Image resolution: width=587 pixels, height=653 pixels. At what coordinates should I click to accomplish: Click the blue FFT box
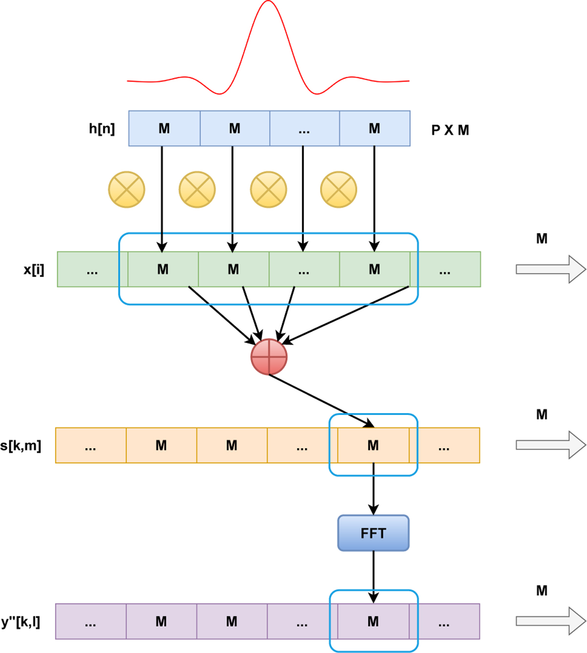[x=373, y=533]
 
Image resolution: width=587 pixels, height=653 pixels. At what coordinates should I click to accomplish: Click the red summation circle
[x=269, y=357]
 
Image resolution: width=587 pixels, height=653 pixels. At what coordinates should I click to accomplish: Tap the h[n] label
[x=102, y=129]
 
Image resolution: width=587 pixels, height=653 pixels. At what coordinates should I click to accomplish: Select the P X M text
[x=450, y=131]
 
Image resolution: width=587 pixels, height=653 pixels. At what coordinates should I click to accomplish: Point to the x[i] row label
[x=34, y=269]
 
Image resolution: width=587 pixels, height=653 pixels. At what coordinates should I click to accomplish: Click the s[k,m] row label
[x=21, y=445]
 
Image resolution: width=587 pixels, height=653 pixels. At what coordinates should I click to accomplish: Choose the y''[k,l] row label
[x=21, y=622]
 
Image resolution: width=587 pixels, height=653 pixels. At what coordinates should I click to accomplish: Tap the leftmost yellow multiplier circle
[x=127, y=190]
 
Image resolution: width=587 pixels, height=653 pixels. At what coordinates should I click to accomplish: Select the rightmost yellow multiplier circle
[x=339, y=190]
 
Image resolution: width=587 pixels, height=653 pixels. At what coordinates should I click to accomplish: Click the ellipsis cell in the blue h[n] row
[x=304, y=129]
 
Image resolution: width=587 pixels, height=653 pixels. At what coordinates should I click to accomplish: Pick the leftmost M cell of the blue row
[x=164, y=129]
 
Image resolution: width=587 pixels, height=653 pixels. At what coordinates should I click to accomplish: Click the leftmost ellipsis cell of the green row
[x=92, y=269]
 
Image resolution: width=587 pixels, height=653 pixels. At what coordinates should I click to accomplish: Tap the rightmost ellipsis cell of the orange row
[x=444, y=445]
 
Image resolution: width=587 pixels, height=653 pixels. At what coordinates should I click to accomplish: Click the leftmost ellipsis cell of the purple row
[x=90, y=622]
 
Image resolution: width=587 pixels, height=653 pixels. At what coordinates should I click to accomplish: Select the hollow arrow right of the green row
[x=550, y=269]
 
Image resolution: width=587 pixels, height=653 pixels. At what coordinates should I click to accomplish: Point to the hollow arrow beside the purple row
[x=550, y=621]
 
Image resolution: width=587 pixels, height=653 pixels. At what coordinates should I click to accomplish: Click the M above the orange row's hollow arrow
[x=542, y=414]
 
